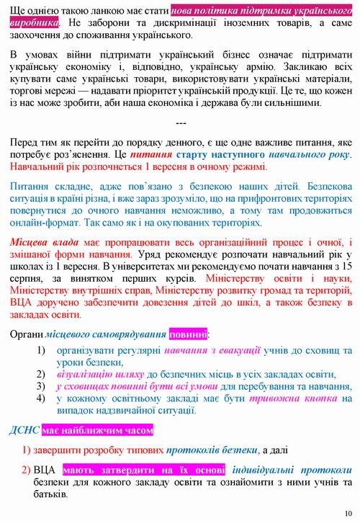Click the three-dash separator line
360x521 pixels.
181,123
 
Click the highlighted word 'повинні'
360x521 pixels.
188,334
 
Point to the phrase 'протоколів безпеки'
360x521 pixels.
211,450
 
